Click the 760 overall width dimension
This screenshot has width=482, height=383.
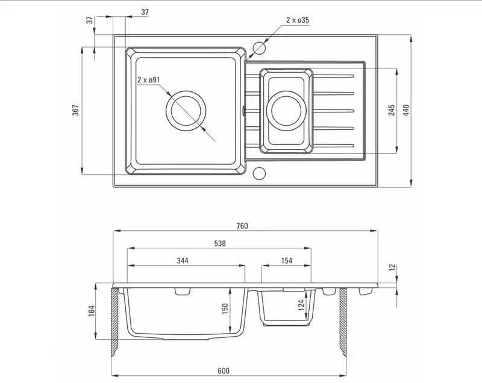(242, 226)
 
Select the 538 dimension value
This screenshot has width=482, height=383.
(220, 244)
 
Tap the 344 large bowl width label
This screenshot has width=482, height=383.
(183, 261)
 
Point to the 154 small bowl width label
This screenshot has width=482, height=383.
(287, 261)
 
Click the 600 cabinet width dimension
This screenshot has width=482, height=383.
(224, 371)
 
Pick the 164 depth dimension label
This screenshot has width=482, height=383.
(92, 311)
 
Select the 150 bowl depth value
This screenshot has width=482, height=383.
(225, 308)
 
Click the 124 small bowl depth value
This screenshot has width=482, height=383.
(302, 305)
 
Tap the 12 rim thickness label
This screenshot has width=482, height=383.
(392, 268)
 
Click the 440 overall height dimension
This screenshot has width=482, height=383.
(406, 110)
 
